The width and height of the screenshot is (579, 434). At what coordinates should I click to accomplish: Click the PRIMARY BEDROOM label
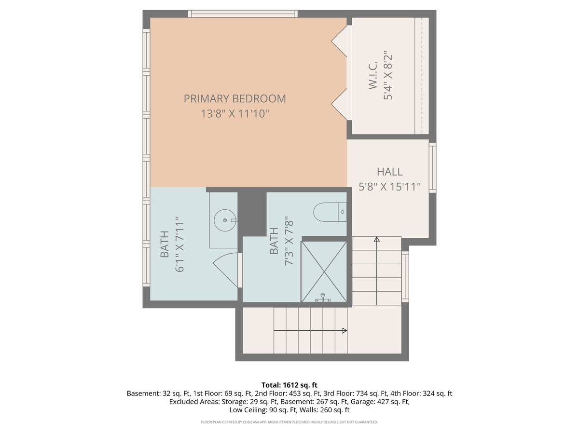point(234,98)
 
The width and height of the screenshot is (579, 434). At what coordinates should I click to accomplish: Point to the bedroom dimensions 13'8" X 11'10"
point(235,114)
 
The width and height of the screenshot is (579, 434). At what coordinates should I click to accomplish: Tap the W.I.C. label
point(373,75)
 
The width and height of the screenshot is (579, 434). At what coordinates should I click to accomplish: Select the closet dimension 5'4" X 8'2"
point(388,75)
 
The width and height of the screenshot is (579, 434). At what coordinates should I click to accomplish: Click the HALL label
point(389,172)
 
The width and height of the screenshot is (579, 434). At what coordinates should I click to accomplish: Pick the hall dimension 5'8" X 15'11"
point(389,187)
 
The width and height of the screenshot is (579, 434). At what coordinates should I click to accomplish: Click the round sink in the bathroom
point(225,220)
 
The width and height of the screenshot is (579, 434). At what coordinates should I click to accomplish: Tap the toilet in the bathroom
point(330,212)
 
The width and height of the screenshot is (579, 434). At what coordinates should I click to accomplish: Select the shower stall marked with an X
point(324,271)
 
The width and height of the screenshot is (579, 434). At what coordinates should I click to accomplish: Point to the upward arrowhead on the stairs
point(377,239)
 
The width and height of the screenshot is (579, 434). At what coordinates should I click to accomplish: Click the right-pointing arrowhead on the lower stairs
point(344,330)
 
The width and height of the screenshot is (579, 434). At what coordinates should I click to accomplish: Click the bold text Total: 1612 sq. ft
point(289,385)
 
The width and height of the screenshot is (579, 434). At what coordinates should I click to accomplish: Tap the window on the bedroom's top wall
point(243,14)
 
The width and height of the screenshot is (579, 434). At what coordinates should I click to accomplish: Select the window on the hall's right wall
point(432,168)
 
